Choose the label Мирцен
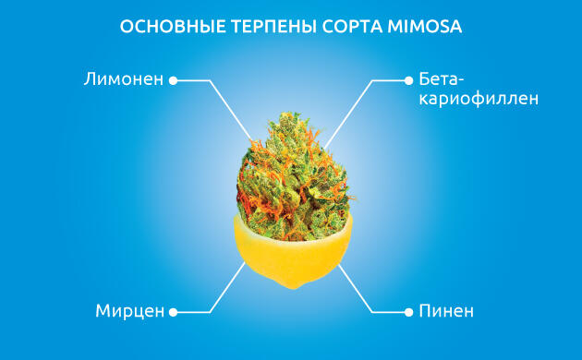pyautogui.click(x=128, y=310)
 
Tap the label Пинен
pyautogui.click(x=445, y=310)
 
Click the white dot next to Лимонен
pyautogui.click(x=173, y=80)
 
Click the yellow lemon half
pyautogui.click(x=290, y=254)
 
